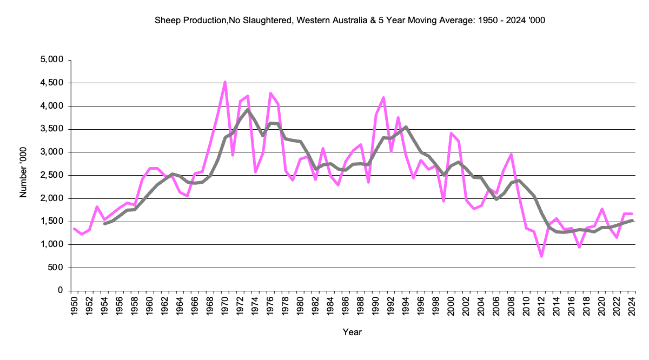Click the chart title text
(353, 20)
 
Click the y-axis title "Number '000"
(23, 176)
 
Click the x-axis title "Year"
(352, 332)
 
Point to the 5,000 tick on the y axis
(52, 59)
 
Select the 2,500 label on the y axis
(52, 175)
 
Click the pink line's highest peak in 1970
(225, 82)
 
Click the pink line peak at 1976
(270, 94)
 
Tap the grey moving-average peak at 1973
(248, 110)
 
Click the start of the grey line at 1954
(104, 223)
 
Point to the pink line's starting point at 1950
(74, 229)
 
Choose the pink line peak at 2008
(511, 155)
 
